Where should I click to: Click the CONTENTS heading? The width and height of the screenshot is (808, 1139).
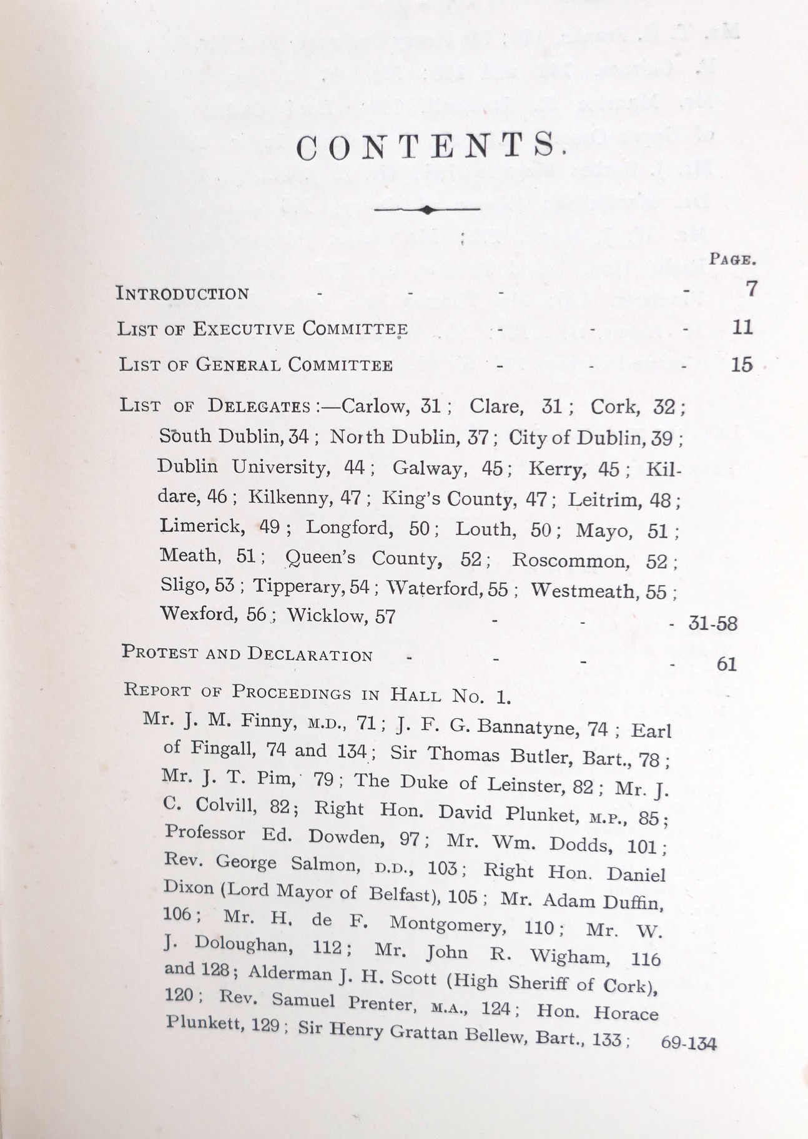[x=430, y=147]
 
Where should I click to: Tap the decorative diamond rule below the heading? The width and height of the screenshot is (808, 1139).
[x=427, y=210]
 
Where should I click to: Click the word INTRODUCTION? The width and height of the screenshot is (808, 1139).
[x=183, y=293]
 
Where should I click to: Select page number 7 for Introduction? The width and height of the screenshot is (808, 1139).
[x=751, y=289]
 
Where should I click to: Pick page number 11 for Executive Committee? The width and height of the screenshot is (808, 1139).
[x=742, y=327]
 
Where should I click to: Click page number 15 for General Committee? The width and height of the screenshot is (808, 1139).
[x=742, y=364]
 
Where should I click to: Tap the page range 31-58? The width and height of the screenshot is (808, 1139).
[x=712, y=623]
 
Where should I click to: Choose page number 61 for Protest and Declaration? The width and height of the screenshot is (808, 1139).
[x=727, y=663]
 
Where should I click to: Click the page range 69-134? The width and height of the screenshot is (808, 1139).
[x=688, y=1043]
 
